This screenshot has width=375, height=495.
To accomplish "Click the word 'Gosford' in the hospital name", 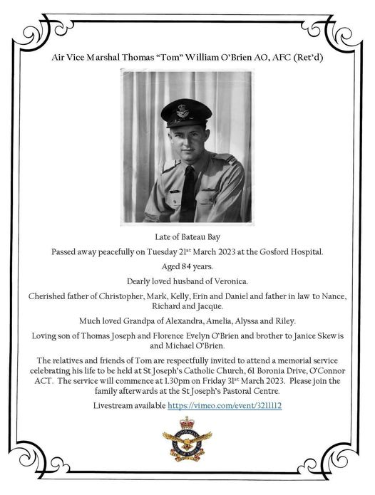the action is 281,251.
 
